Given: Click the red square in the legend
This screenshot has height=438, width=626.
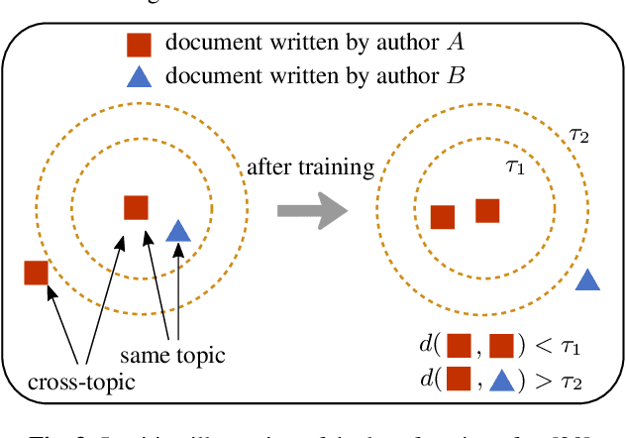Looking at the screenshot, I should (x=139, y=44).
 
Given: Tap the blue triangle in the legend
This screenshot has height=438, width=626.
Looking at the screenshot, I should (x=139, y=74).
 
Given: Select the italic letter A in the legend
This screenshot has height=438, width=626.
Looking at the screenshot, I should (x=457, y=43).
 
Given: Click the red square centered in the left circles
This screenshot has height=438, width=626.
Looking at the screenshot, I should (x=136, y=207).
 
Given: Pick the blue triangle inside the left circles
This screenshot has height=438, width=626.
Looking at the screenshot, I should (x=177, y=231).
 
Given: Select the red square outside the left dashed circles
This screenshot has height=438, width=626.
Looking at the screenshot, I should (x=37, y=272).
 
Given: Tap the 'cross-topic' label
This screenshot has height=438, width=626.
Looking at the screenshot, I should (x=80, y=381).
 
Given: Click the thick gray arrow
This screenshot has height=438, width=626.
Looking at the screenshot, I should (x=310, y=209).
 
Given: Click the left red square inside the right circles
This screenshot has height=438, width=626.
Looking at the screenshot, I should (x=443, y=217).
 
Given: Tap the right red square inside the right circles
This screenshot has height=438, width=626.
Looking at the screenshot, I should (x=487, y=210).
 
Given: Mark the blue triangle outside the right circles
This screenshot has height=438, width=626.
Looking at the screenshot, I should (x=588, y=279).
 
